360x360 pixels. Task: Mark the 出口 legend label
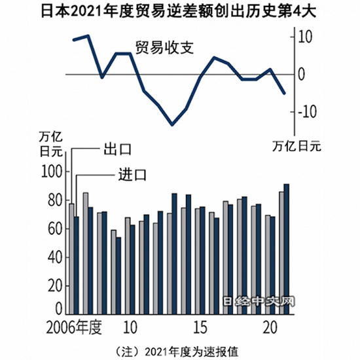point(118,149)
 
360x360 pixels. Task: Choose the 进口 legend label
point(132,175)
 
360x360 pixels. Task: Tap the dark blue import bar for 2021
point(286,249)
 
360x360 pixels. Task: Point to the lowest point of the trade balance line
point(172,124)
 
